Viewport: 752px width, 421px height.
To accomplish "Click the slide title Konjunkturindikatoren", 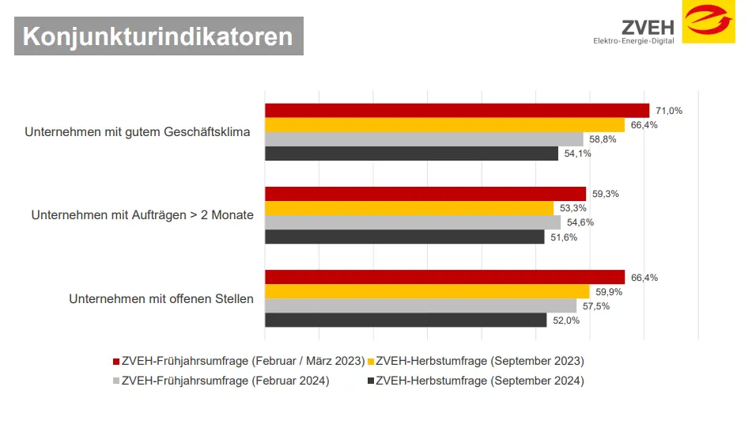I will coord(158,36).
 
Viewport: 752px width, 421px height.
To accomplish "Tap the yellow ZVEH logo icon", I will coord(709,22).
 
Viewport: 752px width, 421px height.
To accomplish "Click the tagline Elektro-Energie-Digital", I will coord(633,40).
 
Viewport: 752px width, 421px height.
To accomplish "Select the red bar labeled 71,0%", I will coord(456,111).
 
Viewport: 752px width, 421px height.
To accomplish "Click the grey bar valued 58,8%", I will coord(423,139).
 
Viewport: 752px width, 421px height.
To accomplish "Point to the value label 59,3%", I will coord(603,194).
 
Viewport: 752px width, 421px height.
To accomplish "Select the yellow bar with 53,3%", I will coord(409,208).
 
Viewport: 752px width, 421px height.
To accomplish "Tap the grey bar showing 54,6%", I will coord(412,222).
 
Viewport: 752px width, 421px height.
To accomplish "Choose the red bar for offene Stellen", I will coord(444,277).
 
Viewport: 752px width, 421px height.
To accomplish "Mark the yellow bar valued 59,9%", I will coord(427,291).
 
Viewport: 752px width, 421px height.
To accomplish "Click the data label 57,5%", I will coord(595,306).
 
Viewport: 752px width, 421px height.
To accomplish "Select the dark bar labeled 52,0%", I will coord(406,320).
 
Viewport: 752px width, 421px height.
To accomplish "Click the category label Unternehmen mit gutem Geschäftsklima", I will coord(138,132).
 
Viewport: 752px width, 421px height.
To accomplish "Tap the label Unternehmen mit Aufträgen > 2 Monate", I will coord(142,215).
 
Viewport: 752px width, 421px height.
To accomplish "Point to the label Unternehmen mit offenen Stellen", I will coord(161,299).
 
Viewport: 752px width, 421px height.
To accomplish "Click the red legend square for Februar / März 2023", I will coord(115,362).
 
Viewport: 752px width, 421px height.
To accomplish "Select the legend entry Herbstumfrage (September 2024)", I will coord(479,381).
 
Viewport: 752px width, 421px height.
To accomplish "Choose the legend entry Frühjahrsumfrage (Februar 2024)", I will coord(225,381).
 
